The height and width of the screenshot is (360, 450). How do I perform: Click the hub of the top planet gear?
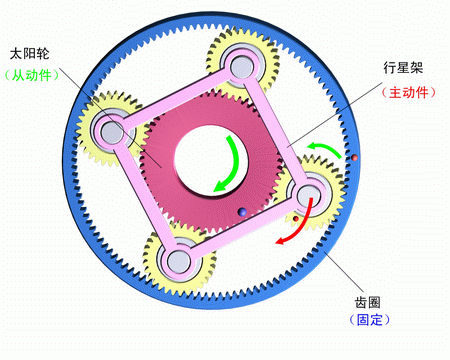241,67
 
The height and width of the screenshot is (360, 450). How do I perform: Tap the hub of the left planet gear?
110,130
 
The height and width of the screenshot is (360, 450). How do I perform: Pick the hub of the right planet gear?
307,191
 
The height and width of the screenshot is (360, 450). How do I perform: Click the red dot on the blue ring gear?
354,158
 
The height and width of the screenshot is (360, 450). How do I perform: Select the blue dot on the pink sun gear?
241,211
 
